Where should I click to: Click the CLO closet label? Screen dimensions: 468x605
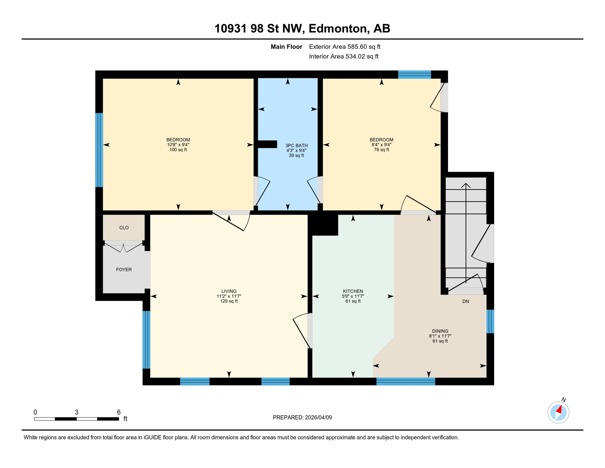[x=124, y=228]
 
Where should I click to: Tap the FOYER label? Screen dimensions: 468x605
[x=124, y=269]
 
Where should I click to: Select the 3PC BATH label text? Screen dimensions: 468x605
[x=296, y=146]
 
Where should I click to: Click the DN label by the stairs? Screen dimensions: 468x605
[x=465, y=301]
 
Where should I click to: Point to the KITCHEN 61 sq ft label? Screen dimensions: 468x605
[x=353, y=296]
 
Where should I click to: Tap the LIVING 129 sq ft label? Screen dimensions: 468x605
[x=229, y=296]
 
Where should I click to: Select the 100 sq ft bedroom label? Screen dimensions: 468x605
[x=178, y=145]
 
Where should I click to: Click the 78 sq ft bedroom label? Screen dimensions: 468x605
[x=381, y=145]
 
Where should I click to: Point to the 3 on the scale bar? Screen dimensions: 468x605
[x=76, y=412]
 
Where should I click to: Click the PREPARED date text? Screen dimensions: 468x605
[x=302, y=417]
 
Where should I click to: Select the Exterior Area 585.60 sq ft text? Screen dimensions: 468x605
[x=344, y=47]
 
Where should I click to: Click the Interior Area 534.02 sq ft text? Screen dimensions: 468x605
[x=343, y=56]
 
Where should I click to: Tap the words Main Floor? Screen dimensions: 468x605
[x=286, y=47]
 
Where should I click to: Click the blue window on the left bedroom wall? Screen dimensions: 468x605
[x=99, y=150]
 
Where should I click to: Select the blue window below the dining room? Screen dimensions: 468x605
[x=405, y=381]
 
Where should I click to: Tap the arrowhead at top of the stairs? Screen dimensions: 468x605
[x=466, y=185]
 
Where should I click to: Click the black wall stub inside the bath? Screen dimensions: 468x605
[x=267, y=144]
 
